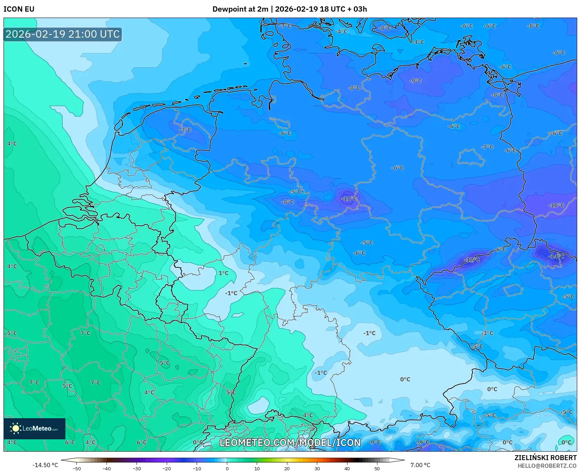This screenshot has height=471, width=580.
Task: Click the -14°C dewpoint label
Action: click(x=556, y=256)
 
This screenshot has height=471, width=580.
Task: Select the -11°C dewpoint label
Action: click(x=349, y=199)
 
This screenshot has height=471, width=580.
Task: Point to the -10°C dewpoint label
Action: click(x=556, y=205)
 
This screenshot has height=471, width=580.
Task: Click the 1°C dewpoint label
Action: click(x=223, y=273)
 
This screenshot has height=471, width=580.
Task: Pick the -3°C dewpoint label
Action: click(x=487, y=333)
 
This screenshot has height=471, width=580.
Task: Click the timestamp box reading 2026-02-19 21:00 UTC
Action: click(x=63, y=34)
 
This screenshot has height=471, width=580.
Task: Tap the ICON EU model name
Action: click(x=19, y=9)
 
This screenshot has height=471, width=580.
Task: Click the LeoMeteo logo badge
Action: click(x=34, y=428)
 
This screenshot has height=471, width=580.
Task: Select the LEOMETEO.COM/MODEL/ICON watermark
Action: click(x=290, y=442)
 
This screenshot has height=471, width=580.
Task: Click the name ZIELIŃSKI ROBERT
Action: click(x=546, y=458)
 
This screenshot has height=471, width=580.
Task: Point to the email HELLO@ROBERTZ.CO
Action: click(x=547, y=466)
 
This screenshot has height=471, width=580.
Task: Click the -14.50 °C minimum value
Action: click(x=45, y=465)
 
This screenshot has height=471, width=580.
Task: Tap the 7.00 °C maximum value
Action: click(x=420, y=465)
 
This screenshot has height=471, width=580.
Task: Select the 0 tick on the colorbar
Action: click(x=227, y=469)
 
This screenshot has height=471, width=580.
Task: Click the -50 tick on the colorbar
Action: click(x=76, y=469)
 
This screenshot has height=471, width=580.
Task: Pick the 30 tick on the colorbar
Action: click(x=317, y=469)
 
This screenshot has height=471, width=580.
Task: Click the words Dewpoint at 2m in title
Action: click(x=240, y=9)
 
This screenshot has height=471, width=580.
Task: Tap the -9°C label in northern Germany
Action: click(x=415, y=81)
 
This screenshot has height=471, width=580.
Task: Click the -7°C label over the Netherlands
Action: click(x=185, y=130)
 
